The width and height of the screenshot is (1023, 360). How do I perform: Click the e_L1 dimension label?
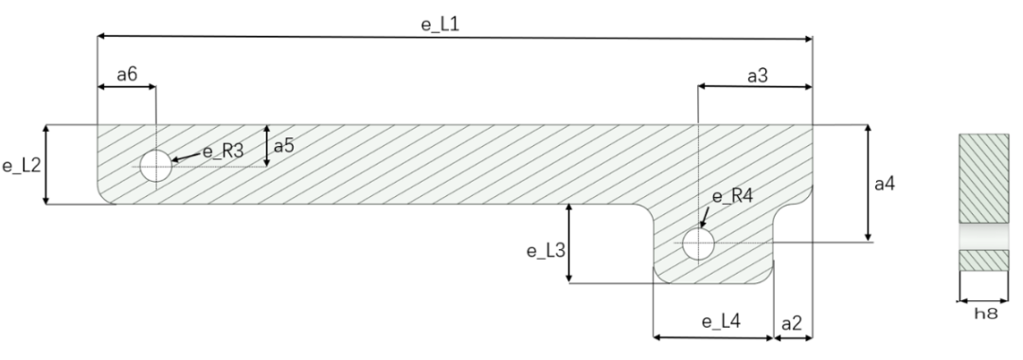(440, 22)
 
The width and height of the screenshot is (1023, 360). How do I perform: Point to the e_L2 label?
(20, 166)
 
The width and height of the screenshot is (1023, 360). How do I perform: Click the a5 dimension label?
(284, 147)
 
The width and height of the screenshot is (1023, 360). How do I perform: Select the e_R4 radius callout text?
(731, 197)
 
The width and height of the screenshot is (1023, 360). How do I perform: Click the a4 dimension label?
(884, 184)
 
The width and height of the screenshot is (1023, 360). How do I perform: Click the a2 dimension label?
(792, 322)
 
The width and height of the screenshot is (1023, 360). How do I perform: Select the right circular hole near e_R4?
(698, 244)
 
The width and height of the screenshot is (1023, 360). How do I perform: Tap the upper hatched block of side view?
(985, 178)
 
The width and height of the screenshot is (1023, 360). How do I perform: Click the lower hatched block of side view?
(985, 260)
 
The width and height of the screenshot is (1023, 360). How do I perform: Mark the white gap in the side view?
(985, 236)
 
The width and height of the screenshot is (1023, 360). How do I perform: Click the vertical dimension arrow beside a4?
(869, 184)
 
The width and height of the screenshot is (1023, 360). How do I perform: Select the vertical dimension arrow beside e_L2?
(45, 165)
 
